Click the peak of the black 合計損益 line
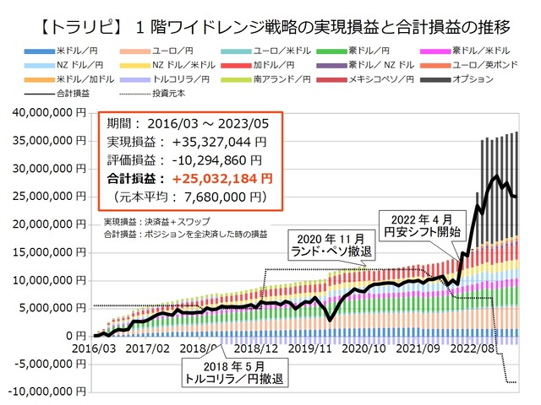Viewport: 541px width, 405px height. pyautogui.click(x=496, y=175)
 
